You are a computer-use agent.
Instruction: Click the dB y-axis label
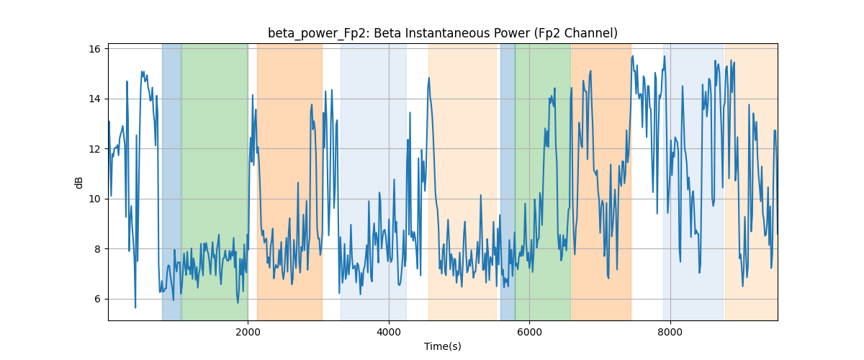point(78,183)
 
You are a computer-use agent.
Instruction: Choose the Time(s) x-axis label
point(443,346)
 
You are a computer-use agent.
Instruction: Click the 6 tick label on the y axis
point(96,299)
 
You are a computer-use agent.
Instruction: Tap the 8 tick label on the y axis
point(96,249)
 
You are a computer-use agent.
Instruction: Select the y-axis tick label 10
point(94,199)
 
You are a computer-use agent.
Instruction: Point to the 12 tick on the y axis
point(94,149)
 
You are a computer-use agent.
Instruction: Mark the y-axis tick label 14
point(94,99)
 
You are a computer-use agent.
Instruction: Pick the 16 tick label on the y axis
point(94,49)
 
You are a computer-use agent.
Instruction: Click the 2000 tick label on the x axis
point(248,332)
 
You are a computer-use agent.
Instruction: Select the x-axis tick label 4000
point(389,332)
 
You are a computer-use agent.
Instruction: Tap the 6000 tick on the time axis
point(530,332)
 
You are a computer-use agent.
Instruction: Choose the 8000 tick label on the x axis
point(670,332)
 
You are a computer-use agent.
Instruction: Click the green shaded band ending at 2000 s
point(215,182)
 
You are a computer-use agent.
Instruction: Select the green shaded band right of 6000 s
point(543,182)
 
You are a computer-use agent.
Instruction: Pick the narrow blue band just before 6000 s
point(508,182)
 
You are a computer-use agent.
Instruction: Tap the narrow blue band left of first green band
point(171,182)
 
